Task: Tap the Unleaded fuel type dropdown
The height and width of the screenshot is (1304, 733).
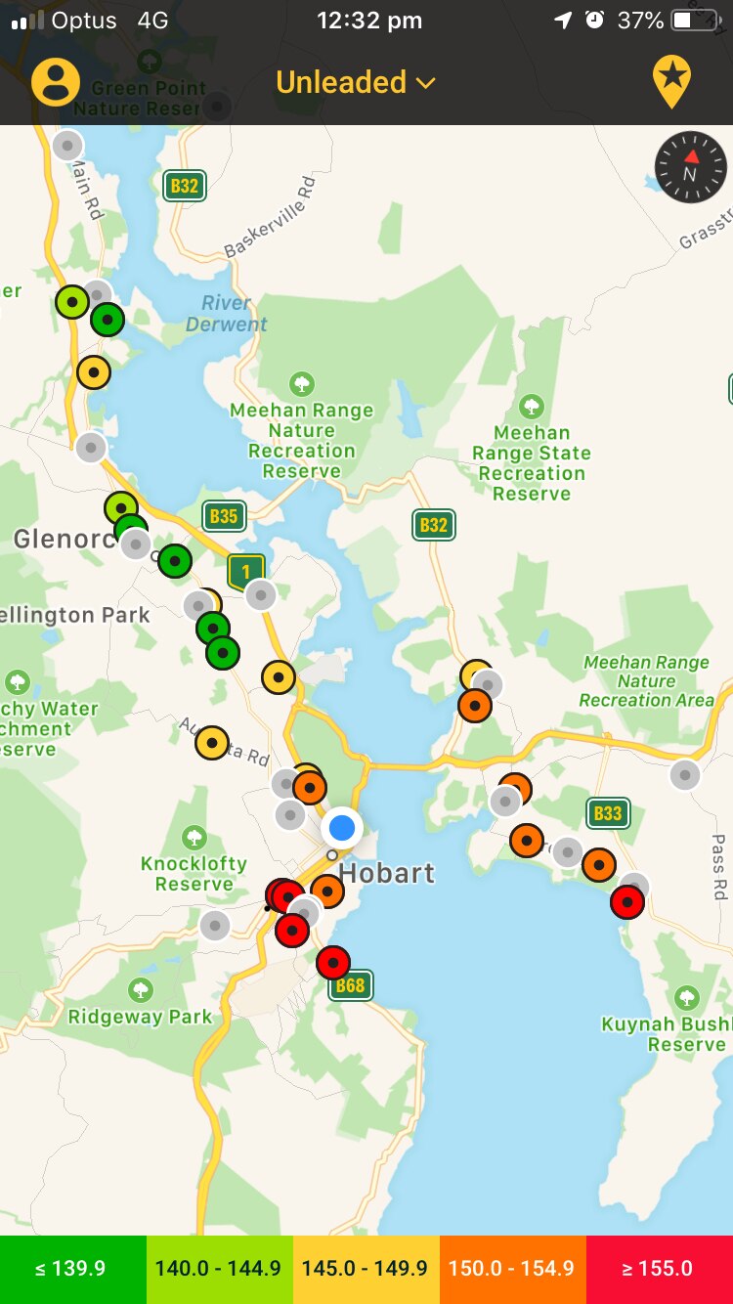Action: [355, 82]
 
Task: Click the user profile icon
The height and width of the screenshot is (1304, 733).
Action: [56, 82]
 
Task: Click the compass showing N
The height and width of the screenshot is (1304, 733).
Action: [691, 167]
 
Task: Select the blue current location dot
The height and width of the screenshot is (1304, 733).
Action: [342, 828]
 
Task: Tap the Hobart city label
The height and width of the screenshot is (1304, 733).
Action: [387, 873]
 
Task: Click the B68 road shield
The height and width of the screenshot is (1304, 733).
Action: [350, 985]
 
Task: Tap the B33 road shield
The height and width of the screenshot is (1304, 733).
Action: [608, 813]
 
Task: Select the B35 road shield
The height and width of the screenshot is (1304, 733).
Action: [224, 516]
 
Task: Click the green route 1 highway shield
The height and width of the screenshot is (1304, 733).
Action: [246, 572]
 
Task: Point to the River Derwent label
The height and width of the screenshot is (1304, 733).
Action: [226, 314]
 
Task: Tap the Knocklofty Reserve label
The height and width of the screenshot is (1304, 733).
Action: [194, 874]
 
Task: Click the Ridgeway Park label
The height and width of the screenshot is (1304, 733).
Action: [140, 1017]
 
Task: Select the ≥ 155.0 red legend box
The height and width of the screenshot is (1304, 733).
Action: [659, 1269]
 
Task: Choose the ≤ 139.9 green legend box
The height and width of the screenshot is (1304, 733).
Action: [72, 1269]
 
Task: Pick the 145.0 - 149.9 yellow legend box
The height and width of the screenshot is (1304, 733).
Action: [366, 1269]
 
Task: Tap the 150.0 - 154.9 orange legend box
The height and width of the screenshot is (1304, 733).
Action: [512, 1269]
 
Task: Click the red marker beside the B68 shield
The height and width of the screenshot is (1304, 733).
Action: [333, 963]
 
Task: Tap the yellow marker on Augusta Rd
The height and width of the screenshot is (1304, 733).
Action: [212, 743]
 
